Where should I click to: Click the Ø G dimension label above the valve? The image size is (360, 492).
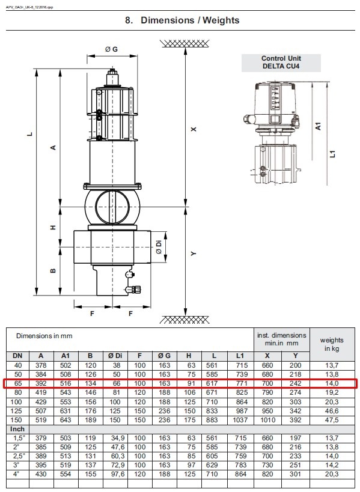point(111,49)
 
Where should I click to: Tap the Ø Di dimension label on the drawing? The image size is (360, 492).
point(159,247)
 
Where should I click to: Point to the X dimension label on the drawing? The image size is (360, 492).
point(194,129)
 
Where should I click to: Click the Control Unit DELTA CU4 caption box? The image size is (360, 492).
point(281,62)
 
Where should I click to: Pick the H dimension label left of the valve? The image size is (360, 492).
point(53,228)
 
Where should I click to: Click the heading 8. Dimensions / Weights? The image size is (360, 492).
point(182,20)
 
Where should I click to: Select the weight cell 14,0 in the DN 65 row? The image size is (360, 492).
point(332,383)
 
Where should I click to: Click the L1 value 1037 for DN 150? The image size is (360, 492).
point(240,420)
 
